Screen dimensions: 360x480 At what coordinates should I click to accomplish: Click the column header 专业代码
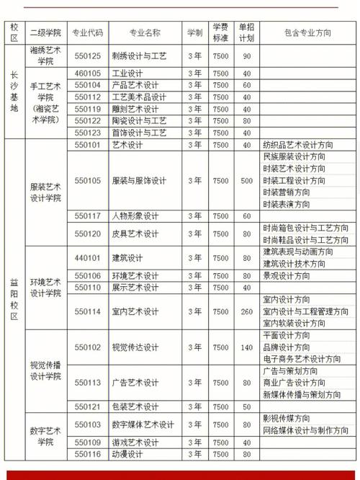tap(89, 32)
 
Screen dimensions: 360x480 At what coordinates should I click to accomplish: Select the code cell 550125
tap(89, 55)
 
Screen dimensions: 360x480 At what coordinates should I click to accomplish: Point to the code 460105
tap(89, 73)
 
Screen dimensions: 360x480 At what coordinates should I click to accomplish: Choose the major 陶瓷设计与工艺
tap(140, 121)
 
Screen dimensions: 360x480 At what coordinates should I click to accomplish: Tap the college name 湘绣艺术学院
tap(45, 55)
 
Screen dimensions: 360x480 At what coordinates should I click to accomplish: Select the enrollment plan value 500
tap(247, 180)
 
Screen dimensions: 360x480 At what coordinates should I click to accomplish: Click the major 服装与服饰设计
tap(140, 180)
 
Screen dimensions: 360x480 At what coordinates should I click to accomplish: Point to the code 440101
tap(89, 257)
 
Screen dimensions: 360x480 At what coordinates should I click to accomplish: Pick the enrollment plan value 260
tap(247, 311)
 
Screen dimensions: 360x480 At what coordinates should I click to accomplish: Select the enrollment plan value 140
tap(247, 347)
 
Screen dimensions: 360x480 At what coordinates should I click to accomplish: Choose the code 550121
tap(89, 406)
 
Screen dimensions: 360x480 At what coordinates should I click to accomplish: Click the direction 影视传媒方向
tap(291, 418)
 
